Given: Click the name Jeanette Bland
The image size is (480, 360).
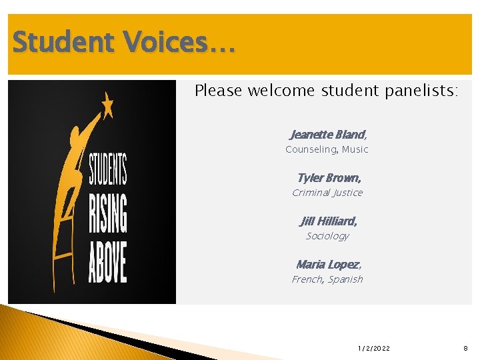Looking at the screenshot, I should pos(327,135).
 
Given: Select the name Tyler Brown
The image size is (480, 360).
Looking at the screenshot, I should pos(329,178).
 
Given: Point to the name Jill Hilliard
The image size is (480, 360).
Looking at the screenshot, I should pos(328,221).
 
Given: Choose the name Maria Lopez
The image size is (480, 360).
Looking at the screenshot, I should pos(327,265).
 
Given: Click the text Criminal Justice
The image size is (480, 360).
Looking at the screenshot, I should pos(327,193).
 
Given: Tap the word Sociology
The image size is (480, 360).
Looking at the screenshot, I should pos(327,236).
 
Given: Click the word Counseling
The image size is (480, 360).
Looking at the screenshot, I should pos(311,149).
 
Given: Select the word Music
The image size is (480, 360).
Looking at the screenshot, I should pos(355,149).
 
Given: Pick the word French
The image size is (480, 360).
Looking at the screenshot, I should pos(307,279).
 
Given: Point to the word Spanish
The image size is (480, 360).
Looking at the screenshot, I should pos(346,279).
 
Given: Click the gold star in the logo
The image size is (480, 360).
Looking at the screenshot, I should pos(107,105).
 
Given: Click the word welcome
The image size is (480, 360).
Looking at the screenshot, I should pos(280,91).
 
